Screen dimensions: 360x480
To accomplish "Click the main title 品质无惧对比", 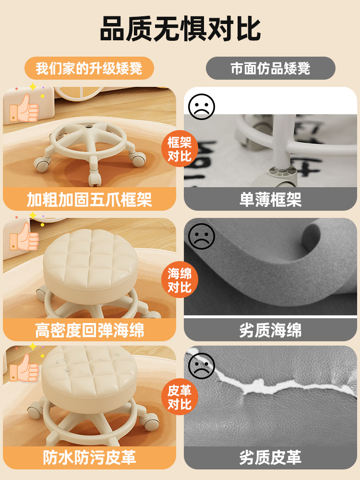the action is point(180,29).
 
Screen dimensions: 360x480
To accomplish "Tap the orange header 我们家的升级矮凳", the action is point(89,68).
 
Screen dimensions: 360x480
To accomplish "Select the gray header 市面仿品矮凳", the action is point(270,68).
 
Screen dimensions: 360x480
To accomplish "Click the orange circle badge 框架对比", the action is point(180,149).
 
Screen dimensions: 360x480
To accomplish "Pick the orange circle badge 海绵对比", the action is point(180,280).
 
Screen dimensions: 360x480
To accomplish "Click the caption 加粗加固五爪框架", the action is point(89,200).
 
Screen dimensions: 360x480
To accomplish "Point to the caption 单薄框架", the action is point(270,200).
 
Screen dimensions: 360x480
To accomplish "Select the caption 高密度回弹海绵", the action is point(89,330).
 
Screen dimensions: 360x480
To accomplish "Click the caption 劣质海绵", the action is point(270,330).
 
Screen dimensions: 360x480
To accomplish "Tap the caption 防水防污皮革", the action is point(89,457).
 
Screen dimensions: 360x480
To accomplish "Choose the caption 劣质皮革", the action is point(270,457).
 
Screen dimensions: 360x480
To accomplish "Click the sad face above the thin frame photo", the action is point(202,107).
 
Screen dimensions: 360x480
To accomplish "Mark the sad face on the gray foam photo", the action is point(202,236).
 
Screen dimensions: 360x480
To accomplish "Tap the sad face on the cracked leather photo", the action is point(202,366).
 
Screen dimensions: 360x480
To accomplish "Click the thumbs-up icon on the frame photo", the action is point(24,108).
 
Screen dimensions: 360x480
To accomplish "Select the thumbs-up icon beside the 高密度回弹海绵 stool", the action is point(24,237).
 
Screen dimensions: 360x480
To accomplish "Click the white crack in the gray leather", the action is point(269,384).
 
